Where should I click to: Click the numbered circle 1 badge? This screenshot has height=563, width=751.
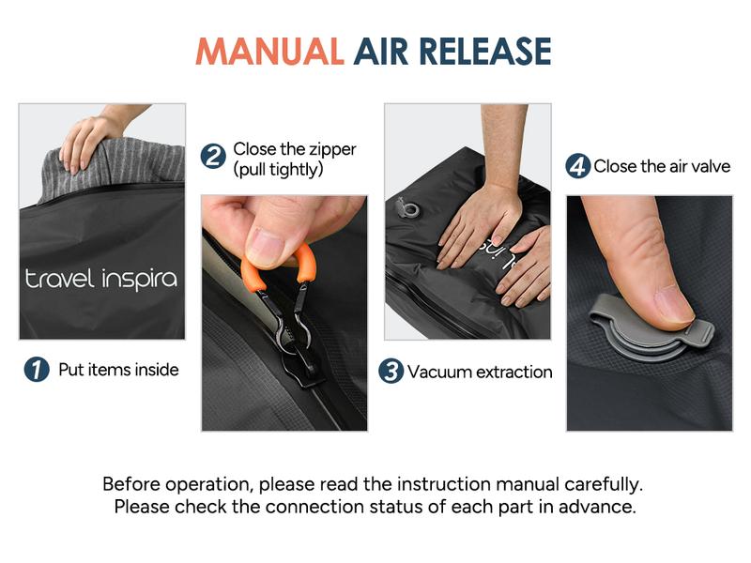click(36, 370)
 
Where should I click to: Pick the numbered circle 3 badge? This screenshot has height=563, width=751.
click(391, 372)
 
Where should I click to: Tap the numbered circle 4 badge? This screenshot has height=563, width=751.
click(577, 167)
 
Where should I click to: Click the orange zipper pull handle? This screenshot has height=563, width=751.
click(280, 268)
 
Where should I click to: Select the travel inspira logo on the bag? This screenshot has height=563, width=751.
click(100, 279)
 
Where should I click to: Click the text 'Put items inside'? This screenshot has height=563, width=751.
click(118, 370)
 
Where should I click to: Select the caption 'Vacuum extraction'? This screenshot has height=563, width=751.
click(480, 372)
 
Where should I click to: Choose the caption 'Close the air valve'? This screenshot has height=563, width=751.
click(663, 167)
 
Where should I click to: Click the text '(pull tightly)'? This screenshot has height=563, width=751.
click(278, 170)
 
